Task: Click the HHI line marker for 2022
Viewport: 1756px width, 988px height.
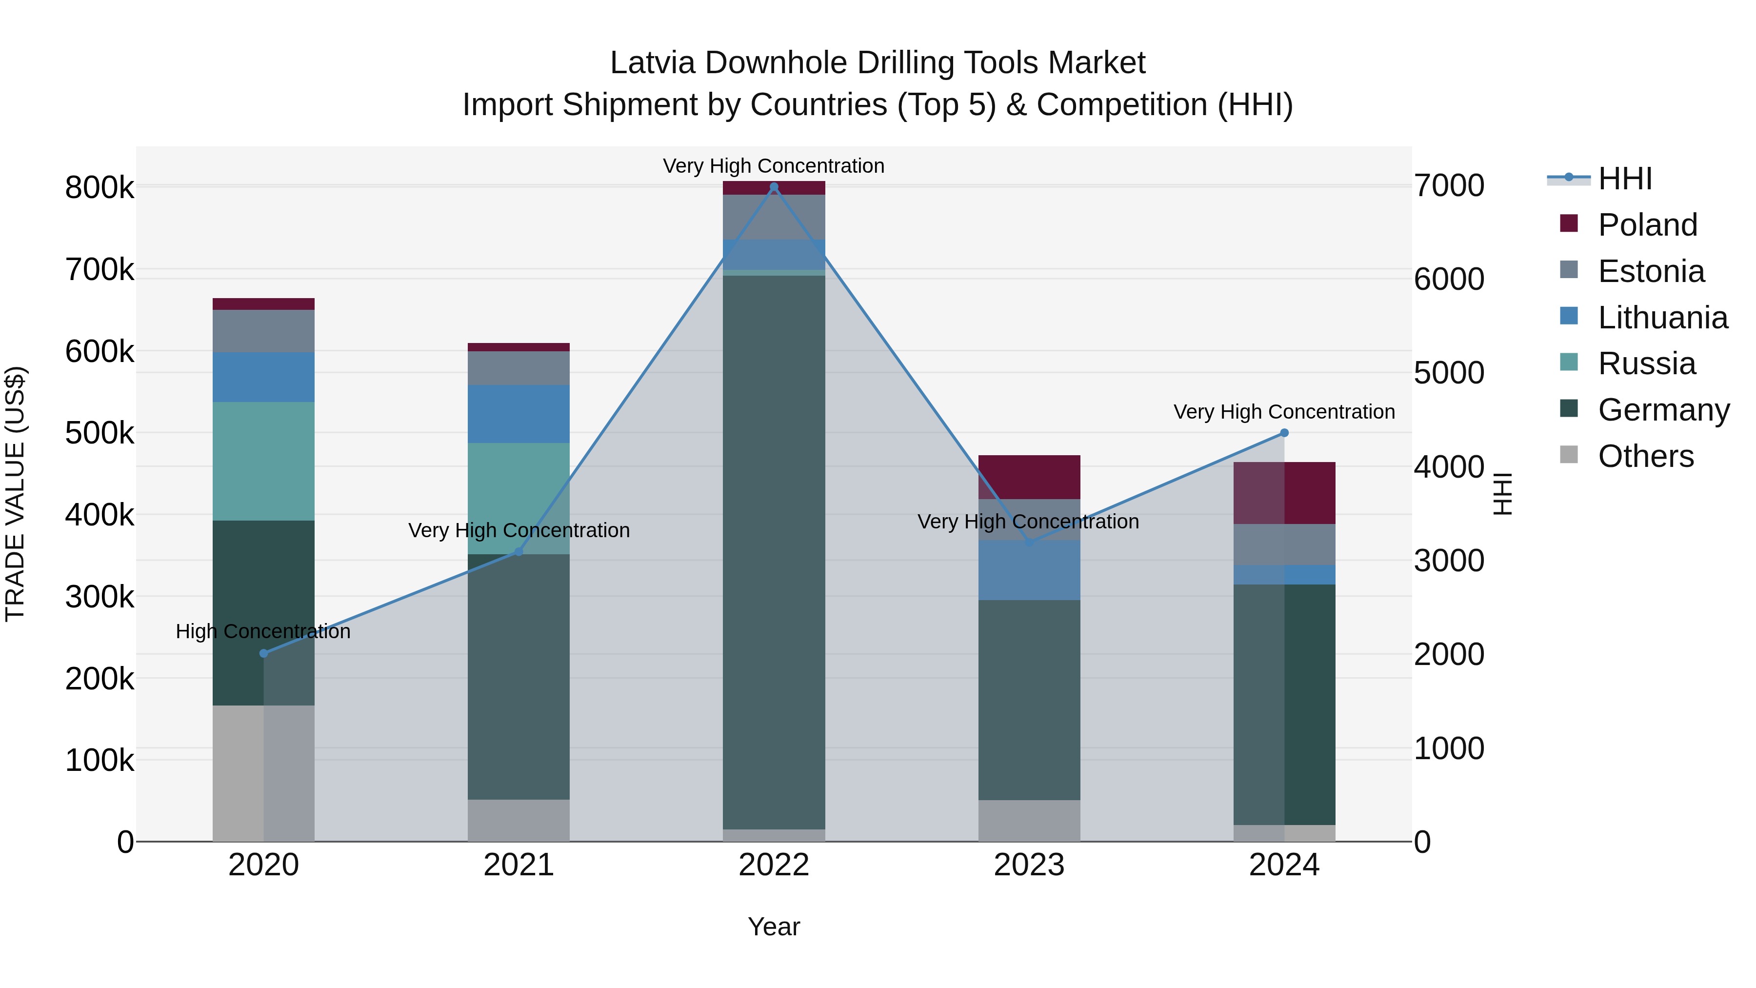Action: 774,187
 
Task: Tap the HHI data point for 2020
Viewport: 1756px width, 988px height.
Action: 264,653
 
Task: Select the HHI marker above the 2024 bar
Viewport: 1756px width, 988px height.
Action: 1284,433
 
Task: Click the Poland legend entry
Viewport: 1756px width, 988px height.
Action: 1646,225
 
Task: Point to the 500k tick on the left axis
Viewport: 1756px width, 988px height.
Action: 100,433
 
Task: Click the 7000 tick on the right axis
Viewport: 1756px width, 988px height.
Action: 1449,185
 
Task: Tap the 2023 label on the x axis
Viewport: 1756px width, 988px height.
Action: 1029,865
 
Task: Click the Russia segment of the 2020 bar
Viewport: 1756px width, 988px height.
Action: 264,461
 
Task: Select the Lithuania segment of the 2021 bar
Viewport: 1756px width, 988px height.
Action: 519,414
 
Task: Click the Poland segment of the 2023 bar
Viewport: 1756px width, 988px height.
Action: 1029,477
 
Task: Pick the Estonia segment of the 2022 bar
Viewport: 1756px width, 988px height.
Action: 774,217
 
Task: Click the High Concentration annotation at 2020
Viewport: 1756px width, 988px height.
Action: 263,631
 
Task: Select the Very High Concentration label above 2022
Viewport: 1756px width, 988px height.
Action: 774,166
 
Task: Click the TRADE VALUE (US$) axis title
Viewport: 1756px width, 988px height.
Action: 16,494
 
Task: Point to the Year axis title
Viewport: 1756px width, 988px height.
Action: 774,927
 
